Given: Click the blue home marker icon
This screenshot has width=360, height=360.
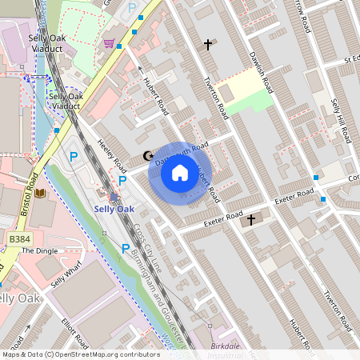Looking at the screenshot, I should click(x=180, y=173).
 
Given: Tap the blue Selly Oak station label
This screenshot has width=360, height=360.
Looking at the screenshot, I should click(x=114, y=209).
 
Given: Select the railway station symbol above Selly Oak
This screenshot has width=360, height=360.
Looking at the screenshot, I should click(x=114, y=197).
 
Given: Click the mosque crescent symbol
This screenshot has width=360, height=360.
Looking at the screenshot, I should click(x=146, y=155).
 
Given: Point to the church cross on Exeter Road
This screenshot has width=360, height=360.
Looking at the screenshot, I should click(x=250, y=219).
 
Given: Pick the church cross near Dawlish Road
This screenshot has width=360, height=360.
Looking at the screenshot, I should click(x=209, y=45).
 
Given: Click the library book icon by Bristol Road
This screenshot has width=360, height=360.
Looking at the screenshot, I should click(x=41, y=194).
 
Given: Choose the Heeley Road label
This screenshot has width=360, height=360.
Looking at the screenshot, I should click(x=112, y=157).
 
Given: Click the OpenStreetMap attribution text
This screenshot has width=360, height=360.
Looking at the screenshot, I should click(x=80, y=354).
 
